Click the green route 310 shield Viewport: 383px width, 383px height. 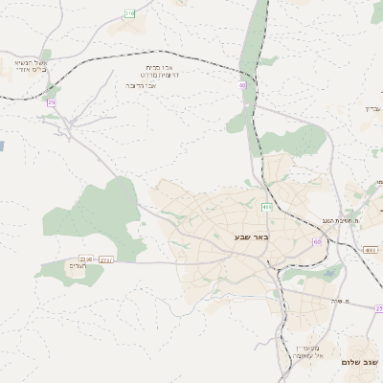click(130, 12)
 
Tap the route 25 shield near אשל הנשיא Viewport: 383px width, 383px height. click(52, 102)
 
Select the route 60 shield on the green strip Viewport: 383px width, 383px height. click(243, 86)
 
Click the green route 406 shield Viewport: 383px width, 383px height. click(266, 207)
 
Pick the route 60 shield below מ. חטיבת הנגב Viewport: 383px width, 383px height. click(317, 242)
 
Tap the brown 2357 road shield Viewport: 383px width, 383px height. click(105, 259)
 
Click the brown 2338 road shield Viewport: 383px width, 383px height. click(86, 259)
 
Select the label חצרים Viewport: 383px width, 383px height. click(79, 267)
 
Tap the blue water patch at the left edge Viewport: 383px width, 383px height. click(2, 146)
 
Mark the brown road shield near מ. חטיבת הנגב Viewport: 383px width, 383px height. click(370, 250)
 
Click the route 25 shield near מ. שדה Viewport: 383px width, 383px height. click(378, 308)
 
